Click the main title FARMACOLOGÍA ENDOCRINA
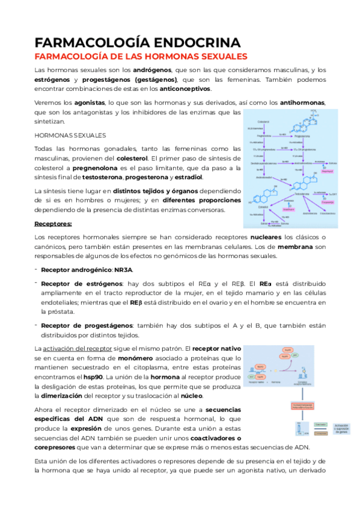138,42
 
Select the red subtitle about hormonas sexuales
141,57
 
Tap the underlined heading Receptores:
53,224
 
